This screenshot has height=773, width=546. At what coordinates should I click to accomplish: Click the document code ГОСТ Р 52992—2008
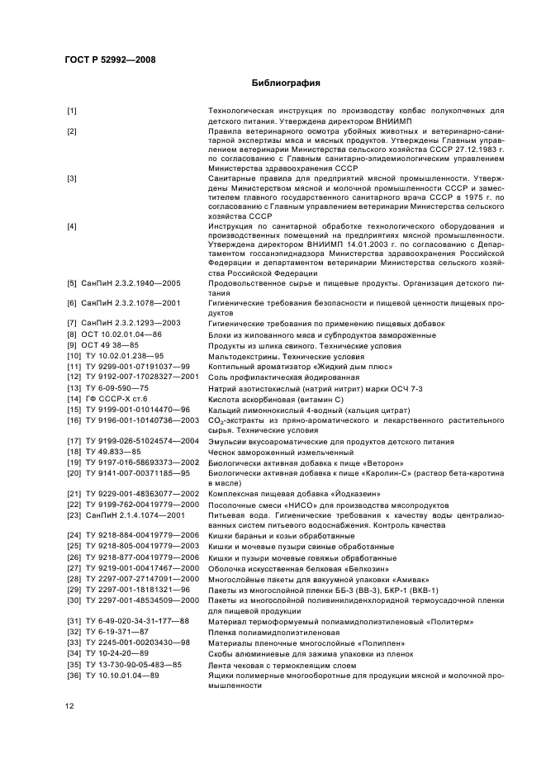109,59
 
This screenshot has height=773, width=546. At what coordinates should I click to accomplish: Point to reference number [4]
73,225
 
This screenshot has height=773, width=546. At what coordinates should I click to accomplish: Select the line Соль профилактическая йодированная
272,377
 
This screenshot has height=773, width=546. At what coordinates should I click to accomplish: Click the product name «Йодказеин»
344,493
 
